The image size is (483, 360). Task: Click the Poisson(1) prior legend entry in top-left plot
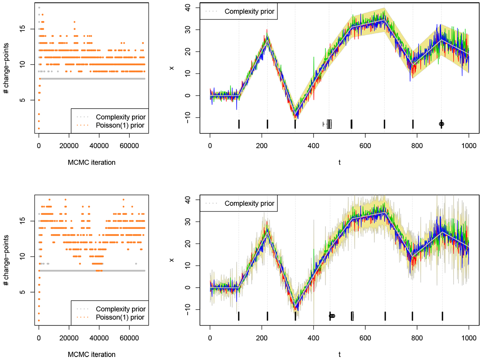point(120,126)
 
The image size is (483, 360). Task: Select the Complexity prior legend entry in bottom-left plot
point(120,309)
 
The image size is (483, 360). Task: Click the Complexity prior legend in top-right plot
point(249,11)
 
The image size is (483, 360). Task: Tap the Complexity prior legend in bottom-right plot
point(249,204)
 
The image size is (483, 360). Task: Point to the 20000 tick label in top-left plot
point(69,146)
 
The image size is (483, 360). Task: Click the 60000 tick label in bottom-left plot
point(129,338)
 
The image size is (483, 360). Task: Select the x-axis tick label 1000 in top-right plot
point(469,146)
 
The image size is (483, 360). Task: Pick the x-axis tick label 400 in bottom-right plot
point(313,338)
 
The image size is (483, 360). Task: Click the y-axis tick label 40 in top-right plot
point(188,8)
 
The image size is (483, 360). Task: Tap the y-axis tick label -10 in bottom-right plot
point(188,310)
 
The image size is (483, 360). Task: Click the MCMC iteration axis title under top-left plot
point(91,162)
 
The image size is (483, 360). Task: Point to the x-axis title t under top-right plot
point(339,162)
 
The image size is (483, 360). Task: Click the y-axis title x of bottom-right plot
point(172,260)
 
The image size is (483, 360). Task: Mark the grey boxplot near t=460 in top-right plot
point(329,124)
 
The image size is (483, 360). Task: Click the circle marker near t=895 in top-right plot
point(441,124)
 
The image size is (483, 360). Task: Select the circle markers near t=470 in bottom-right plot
point(332,316)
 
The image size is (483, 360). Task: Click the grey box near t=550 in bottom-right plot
point(352,316)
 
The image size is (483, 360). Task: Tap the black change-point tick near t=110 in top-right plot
point(239,124)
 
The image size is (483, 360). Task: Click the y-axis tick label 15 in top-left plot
point(23,28)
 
